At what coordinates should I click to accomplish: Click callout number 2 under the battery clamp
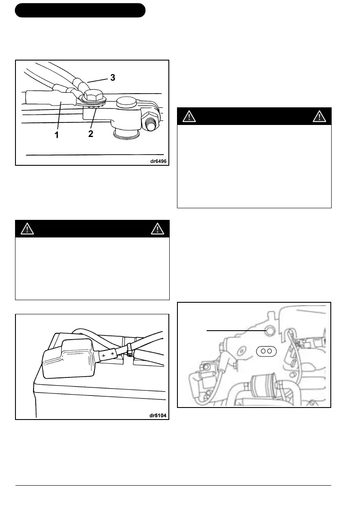[x=91, y=134]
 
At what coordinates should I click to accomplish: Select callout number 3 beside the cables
[x=112, y=78]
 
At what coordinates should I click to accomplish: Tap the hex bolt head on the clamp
[x=93, y=95]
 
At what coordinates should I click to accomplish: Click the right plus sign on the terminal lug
[x=113, y=352]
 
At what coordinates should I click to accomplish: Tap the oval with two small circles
[x=266, y=350]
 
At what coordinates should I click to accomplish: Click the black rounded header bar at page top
[x=80, y=10]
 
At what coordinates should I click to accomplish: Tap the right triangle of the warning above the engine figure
[x=320, y=116]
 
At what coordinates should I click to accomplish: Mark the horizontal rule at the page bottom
[x=173, y=486]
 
